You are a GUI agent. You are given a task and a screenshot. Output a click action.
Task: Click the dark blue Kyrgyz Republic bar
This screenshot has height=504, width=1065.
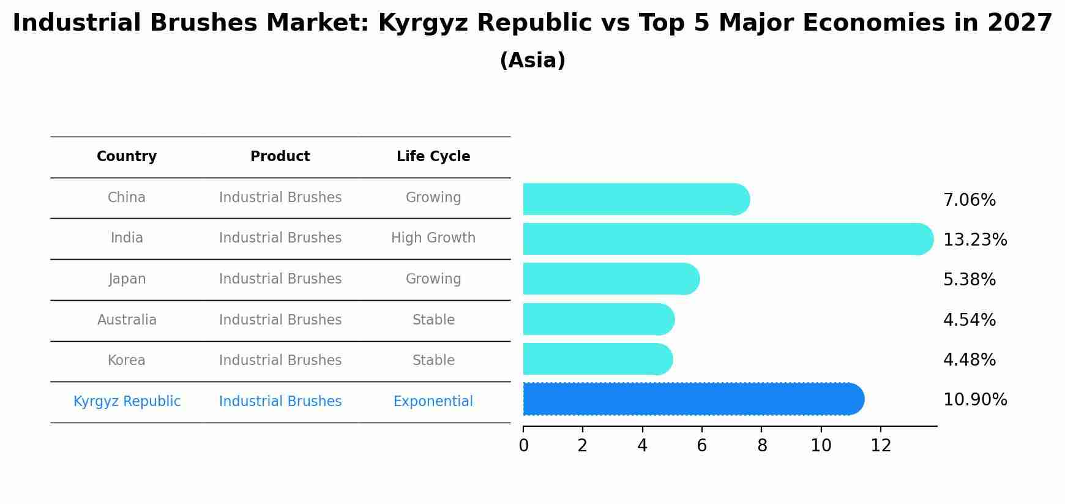click(x=692, y=399)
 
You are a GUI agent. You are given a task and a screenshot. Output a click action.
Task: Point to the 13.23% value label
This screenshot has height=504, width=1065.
click(x=974, y=240)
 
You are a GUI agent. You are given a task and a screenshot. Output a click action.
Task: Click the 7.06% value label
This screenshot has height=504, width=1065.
click(x=969, y=200)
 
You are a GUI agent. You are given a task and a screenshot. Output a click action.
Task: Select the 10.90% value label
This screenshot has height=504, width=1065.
click(x=974, y=400)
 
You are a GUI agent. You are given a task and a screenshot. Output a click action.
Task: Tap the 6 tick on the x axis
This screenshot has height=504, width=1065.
click(x=701, y=446)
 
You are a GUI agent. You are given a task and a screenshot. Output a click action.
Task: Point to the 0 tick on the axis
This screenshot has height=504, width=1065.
click(x=523, y=446)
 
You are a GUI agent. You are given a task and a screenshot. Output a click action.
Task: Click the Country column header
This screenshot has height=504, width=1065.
click(x=127, y=157)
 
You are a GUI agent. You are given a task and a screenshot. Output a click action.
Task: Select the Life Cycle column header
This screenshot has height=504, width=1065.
click(x=433, y=157)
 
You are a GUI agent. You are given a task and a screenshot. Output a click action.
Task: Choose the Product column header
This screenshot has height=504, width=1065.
click(x=280, y=157)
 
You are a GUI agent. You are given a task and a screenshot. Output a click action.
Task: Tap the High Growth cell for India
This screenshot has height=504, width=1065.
click(x=433, y=238)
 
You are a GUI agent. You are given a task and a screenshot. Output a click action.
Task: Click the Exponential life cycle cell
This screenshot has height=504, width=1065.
click(x=433, y=402)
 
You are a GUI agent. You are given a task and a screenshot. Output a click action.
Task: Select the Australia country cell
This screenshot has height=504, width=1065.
click(x=127, y=320)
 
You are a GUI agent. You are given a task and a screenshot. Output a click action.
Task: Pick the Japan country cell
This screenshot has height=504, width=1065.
click(x=127, y=279)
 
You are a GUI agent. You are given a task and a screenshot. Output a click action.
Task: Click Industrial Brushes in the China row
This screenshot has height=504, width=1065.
click(x=280, y=198)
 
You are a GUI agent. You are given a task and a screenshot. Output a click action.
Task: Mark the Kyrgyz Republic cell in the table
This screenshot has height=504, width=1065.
click(x=127, y=402)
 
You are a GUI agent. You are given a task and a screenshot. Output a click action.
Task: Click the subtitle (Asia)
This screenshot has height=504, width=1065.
click(x=532, y=61)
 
